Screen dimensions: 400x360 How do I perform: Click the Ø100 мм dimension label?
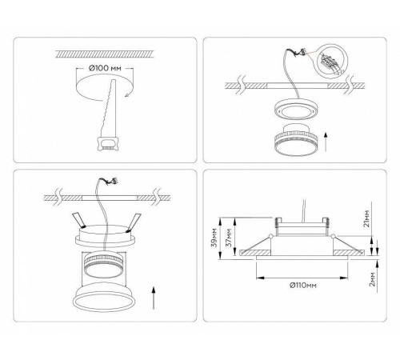coord(105,68)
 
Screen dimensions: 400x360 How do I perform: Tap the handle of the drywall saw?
coord(108,143)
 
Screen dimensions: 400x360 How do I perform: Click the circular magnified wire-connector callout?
coord(330,62)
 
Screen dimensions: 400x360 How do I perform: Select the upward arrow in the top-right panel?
coord(326,142)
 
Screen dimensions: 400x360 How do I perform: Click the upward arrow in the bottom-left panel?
coord(154,298)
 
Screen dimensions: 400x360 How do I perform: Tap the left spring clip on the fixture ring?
coord(78,220)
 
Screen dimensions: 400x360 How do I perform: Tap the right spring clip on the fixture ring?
coord(134,222)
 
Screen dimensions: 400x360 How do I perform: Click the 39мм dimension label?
coord(214,238)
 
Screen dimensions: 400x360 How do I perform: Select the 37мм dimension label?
coord(229,238)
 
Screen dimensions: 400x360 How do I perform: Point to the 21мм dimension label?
coord(367,218)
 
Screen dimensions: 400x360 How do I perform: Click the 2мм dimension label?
coord(372,279)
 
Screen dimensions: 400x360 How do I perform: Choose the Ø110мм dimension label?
coord(303,286)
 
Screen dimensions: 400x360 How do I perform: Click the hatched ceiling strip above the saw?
coord(104,54)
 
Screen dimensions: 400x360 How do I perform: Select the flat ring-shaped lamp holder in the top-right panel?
coord(296,109)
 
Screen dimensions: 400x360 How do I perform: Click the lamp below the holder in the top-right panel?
coord(296,139)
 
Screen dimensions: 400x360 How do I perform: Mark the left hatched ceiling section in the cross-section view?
coord(255,253)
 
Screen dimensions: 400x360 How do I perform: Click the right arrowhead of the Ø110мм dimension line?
coord(345,278)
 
